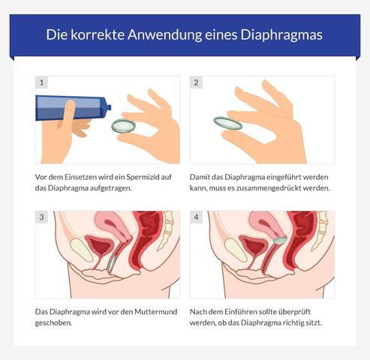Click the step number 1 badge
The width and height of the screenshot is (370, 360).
click(42, 82)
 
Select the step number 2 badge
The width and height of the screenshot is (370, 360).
click(197, 82)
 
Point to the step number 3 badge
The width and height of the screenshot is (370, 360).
click(42, 217)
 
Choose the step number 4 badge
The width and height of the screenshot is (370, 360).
click(197, 217)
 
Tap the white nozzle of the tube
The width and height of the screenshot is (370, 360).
click(107, 108)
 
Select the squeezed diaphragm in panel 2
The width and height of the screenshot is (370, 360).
click(227, 123)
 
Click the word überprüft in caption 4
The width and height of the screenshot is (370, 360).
click(296, 311)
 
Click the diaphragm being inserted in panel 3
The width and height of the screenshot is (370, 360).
click(110, 262)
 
